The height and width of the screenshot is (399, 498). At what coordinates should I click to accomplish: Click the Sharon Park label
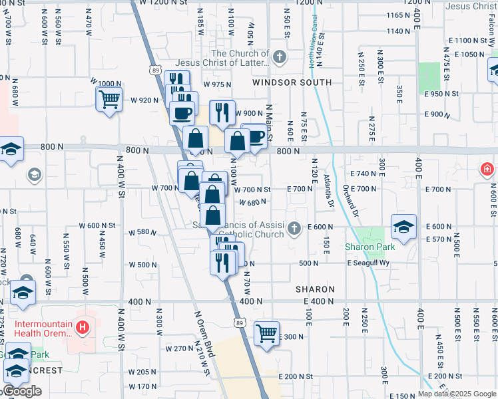(370, 247)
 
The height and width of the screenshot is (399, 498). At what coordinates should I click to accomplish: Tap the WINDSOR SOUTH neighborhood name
(292, 82)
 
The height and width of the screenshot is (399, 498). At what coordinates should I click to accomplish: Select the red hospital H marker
(83, 327)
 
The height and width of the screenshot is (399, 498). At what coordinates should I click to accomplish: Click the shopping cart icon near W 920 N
(110, 100)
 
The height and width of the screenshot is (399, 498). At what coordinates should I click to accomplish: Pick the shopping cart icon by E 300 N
(266, 332)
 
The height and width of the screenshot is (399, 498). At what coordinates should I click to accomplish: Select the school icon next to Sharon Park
(403, 227)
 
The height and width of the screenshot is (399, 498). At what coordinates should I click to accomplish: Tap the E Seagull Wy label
(368, 263)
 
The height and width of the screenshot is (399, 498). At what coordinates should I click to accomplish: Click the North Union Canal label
(312, 49)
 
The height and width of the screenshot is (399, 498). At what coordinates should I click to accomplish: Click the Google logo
(23, 391)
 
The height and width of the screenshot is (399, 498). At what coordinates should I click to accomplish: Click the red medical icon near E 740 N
(488, 170)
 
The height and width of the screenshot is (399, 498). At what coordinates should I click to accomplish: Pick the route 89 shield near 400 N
(240, 322)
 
